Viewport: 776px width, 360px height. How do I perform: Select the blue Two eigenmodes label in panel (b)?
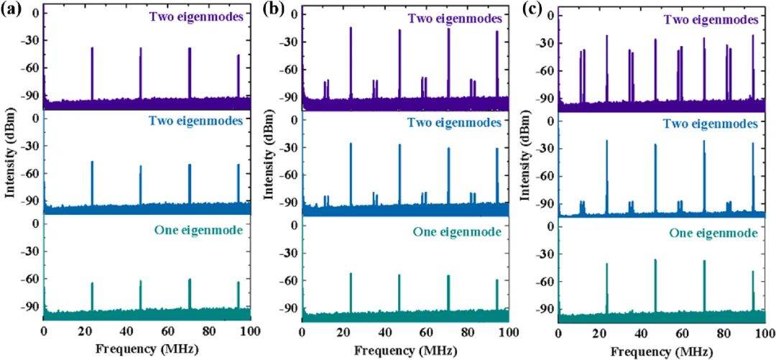(x=454, y=123)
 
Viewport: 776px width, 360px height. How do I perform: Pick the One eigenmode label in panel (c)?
(x=713, y=233)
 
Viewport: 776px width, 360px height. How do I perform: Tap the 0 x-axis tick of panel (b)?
(x=302, y=333)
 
